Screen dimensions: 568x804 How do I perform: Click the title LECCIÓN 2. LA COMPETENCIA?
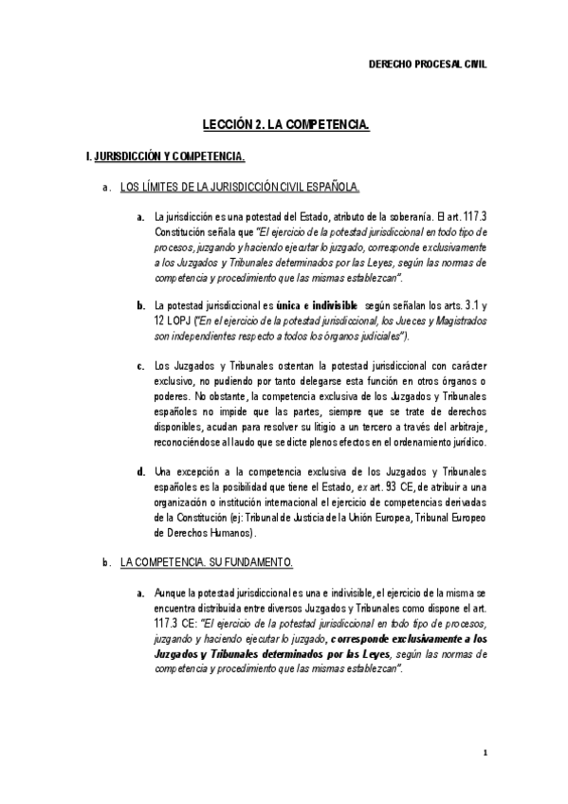(x=285, y=124)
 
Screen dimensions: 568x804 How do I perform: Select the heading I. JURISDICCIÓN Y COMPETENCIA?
(x=166, y=155)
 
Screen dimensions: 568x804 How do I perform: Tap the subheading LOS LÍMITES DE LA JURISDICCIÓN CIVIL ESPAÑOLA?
(x=240, y=186)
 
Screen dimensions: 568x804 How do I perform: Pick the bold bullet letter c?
(x=140, y=366)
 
